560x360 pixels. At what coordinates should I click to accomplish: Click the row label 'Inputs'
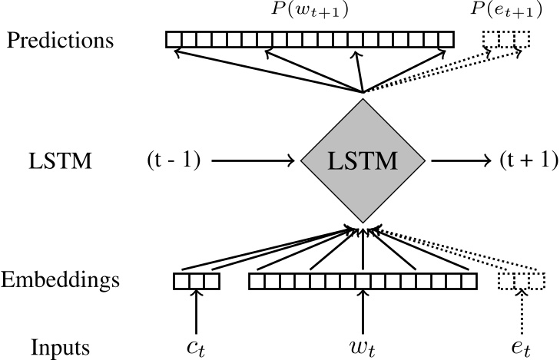click(60, 348)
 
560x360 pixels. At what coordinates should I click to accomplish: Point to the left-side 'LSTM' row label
click(59, 162)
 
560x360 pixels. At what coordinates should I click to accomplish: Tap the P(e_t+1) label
click(510, 10)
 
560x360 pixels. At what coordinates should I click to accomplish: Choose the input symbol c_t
click(196, 348)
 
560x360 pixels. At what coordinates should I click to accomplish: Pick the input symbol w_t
click(362, 348)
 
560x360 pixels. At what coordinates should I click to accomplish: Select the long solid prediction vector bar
click(312, 39)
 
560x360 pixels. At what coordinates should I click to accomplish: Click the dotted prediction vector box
click(505, 39)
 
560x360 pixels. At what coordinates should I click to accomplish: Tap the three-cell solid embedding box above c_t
click(197, 282)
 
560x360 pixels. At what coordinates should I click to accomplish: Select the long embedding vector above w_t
click(362, 282)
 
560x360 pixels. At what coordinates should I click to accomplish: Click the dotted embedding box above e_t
click(522, 282)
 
